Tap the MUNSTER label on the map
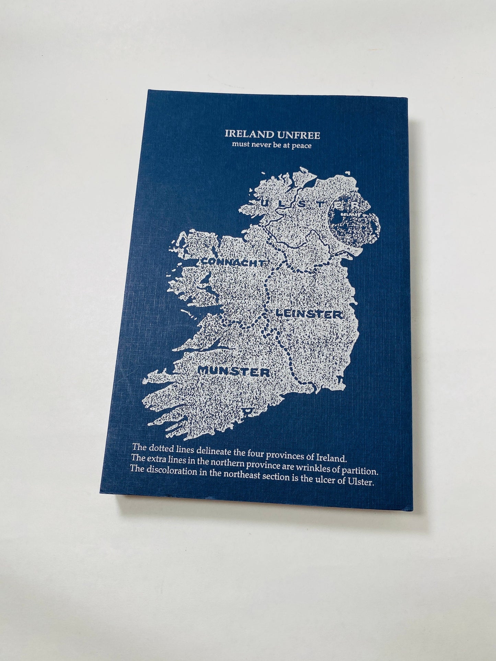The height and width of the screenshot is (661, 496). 234,371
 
